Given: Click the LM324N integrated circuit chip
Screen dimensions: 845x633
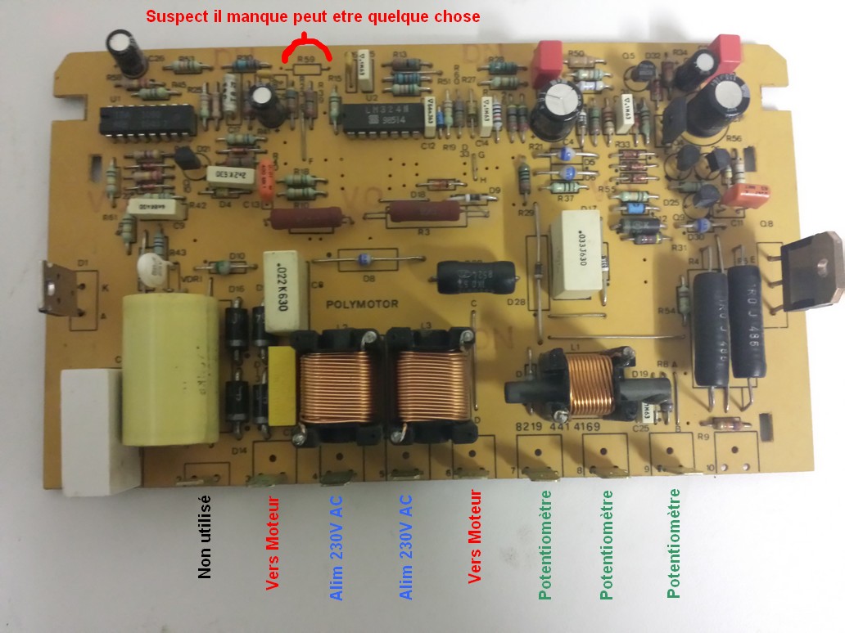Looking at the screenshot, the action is click(x=382, y=119).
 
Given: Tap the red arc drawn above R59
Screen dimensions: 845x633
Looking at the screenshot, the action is click(x=306, y=48).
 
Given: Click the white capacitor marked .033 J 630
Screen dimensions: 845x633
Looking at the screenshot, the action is click(x=578, y=255).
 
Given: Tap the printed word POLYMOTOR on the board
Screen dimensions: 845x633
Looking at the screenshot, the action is click(x=362, y=304).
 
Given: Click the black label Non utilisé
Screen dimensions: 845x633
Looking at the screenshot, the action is click(x=205, y=536).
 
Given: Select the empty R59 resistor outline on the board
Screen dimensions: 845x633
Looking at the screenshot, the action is click(x=307, y=69).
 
